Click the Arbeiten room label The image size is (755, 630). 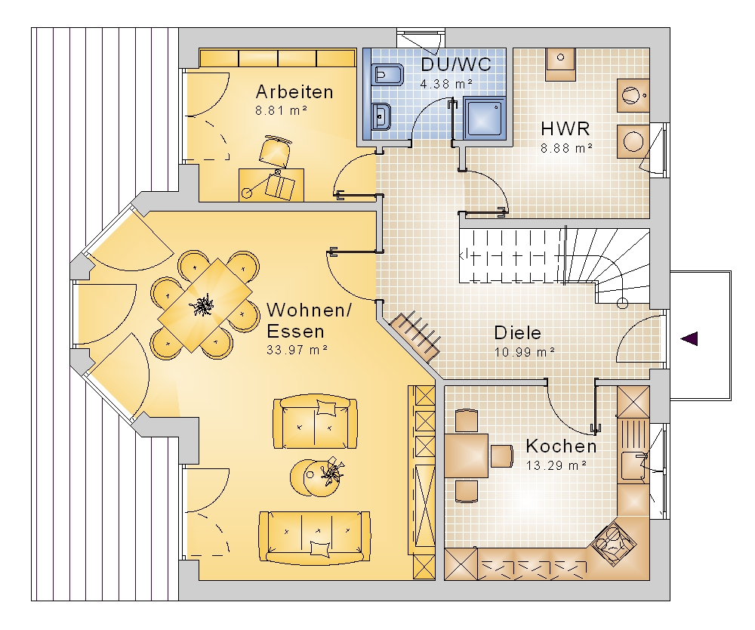tap(294, 92)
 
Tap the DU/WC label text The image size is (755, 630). tap(456, 64)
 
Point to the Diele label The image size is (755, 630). tap(518, 332)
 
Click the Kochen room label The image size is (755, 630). tap(561, 446)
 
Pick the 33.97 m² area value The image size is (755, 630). tap(297, 351)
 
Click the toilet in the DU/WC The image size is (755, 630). tap(387, 75)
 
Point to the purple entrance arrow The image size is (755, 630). tap(689, 339)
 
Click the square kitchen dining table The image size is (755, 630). tap(467, 455)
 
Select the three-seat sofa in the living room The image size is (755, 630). tap(314, 536)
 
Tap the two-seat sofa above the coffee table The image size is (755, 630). tap(315, 422)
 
